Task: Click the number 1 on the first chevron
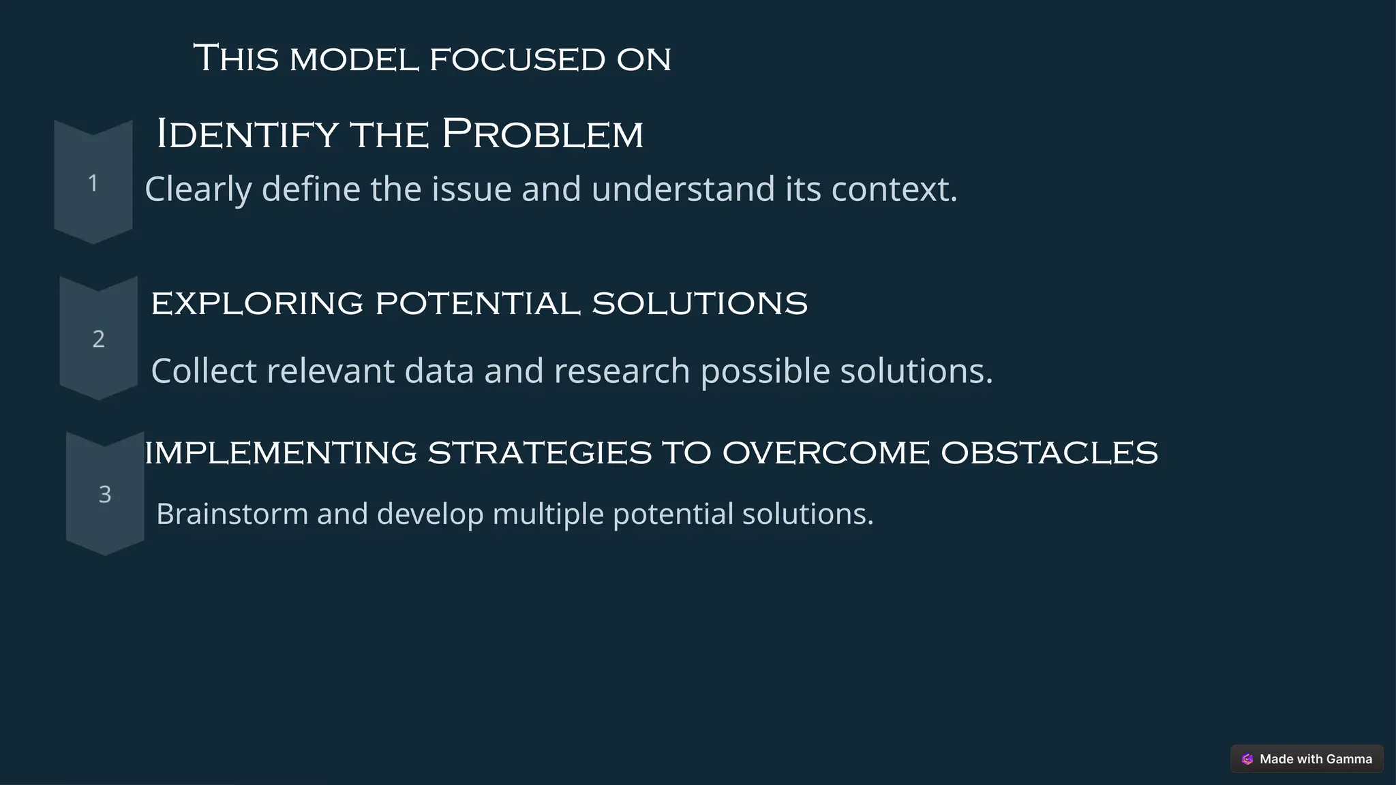pyautogui.click(x=93, y=183)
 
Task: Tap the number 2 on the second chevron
pyautogui.click(x=99, y=339)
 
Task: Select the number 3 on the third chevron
pyautogui.click(x=105, y=494)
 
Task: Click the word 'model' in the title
pyautogui.click(x=354, y=59)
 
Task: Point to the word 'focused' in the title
pyautogui.click(x=517, y=59)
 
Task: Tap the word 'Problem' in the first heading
pyautogui.click(x=543, y=134)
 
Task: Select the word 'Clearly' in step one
pyautogui.click(x=198, y=189)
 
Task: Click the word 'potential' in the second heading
pyautogui.click(x=478, y=303)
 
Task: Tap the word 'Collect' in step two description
pyautogui.click(x=204, y=371)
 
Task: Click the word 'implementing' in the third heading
pyautogui.click(x=280, y=453)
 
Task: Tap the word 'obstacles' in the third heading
pyautogui.click(x=1049, y=453)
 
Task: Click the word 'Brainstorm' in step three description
pyautogui.click(x=232, y=514)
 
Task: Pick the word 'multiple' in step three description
pyautogui.click(x=548, y=514)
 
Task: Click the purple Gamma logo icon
pyautogui.click(x=1247, y=759)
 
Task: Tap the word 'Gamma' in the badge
pyautogui.click(x=1349, y=759)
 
